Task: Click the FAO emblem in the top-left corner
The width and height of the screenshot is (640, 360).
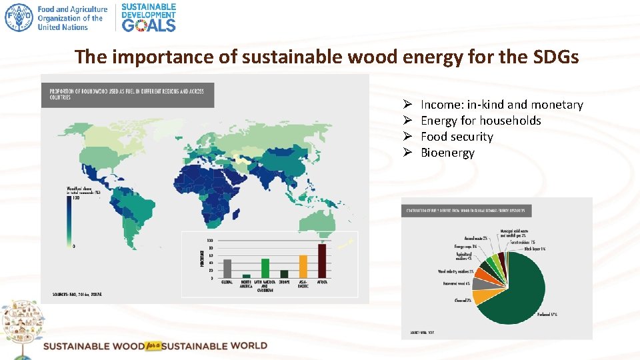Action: pos(19,17)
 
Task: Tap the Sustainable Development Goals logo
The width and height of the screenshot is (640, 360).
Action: pos(149,17)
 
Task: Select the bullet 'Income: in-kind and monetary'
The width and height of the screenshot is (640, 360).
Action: pos(501,105)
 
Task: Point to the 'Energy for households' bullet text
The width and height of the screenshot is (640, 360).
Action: pos(481,121)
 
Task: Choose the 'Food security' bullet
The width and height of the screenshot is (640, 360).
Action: pos(457,137)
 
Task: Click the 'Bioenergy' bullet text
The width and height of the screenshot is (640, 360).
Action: pos(447,153)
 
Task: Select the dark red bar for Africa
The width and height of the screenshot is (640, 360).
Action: pos(323,261)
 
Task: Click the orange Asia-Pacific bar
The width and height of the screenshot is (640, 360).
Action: pos(303,266)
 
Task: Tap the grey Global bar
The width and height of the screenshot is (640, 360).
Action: pos(227,268)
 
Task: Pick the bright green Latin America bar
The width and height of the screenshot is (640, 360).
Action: pos(265,268)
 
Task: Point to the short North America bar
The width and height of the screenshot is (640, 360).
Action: pos(247,275)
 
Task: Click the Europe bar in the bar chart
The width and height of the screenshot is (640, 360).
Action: pos(285,273)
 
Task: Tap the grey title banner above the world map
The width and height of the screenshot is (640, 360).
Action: pos(127,95)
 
